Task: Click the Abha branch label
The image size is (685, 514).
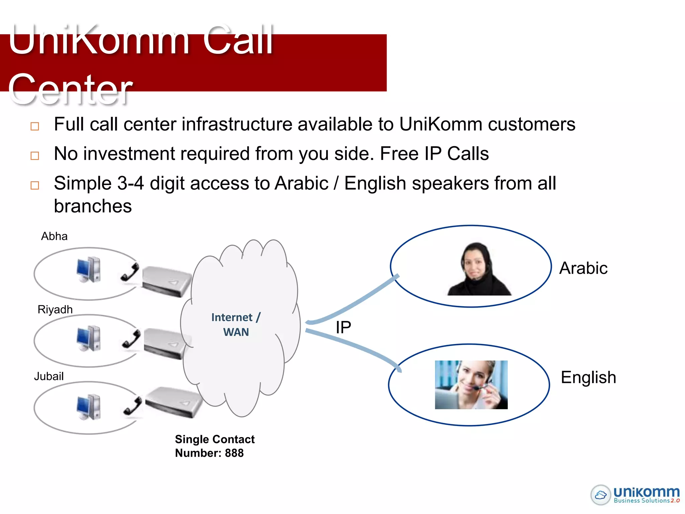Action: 54,236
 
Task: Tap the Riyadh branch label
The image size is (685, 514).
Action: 55,310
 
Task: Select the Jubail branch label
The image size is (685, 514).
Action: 49,376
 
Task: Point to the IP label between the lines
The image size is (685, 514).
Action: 343,327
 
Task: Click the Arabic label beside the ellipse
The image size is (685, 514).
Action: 583,268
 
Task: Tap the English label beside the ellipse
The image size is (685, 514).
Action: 588,377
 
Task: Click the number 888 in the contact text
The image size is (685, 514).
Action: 234,453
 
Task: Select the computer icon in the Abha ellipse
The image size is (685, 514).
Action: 89,270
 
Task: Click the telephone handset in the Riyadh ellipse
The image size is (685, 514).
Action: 131,339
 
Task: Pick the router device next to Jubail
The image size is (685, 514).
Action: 174,402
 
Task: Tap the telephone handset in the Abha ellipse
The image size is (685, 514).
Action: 130,272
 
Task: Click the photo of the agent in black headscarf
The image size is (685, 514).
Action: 478,269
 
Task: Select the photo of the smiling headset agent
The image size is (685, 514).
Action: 471,384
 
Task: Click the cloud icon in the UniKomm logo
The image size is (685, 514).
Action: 601,495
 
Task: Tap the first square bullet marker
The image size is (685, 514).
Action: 35,126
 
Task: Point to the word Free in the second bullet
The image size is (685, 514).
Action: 399,154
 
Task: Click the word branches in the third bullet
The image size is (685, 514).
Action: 93,206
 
